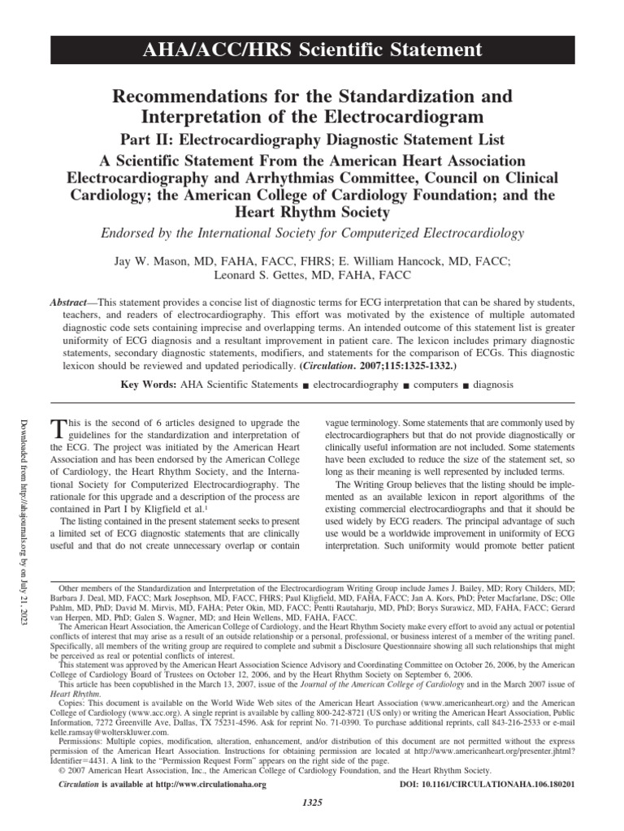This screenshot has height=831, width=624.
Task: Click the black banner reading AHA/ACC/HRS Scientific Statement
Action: pyautogui.click(x=312, y=50)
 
